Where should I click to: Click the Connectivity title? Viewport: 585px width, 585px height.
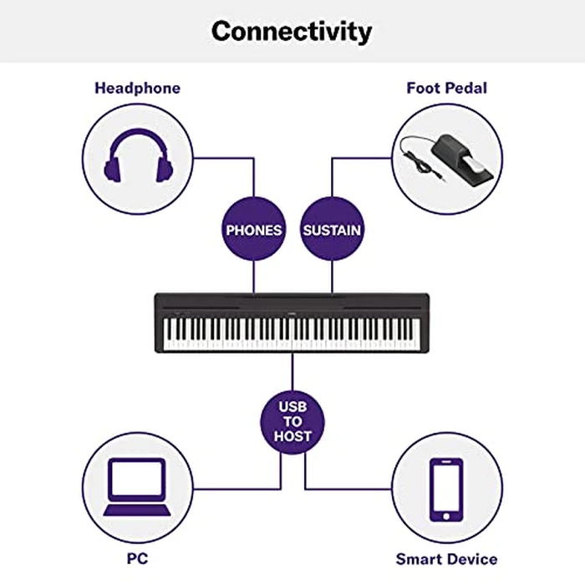(x=292, y=32)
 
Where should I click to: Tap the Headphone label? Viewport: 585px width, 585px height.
(x=137, y=88)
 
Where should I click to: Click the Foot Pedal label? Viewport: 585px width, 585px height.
(x=446, y=88)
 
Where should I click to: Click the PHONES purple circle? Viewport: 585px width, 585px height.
(x=254, y=229)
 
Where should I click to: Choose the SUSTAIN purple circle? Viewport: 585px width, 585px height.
(x=332, y=229)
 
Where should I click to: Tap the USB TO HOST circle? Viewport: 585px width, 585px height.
(x=292, y=421)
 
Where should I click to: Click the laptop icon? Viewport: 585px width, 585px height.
(x=137, y=486)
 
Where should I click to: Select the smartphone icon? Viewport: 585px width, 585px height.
(x=446, y=486)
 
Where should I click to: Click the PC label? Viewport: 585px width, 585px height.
(x=137, y=558)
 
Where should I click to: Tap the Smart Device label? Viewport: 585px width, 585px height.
(x=446, y=558)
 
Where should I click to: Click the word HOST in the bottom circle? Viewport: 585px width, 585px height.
(x=292, y=436)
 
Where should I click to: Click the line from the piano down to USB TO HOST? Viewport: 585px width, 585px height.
(x=292, y=371)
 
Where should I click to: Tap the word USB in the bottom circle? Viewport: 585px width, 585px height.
(x=292, y=406)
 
